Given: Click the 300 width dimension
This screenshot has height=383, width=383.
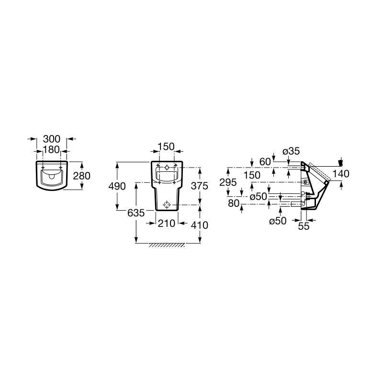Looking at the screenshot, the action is [52, 139].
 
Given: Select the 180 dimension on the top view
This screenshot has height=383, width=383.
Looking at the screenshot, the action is [51, 149].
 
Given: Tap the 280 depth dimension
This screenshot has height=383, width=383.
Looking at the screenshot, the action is [82, 176].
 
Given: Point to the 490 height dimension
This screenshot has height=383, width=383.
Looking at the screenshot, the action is [117, 186].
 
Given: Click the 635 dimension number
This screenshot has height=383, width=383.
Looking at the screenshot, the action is [136, 213].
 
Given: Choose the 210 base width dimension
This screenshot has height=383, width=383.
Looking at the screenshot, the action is [167, 223].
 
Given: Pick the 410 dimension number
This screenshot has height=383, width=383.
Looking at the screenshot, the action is [200, 225].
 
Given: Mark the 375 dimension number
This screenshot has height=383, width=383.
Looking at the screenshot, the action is [200, 186].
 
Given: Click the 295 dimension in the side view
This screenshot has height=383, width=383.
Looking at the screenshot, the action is [228, 182].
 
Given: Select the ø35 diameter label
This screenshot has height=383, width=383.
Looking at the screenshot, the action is [291, 151].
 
